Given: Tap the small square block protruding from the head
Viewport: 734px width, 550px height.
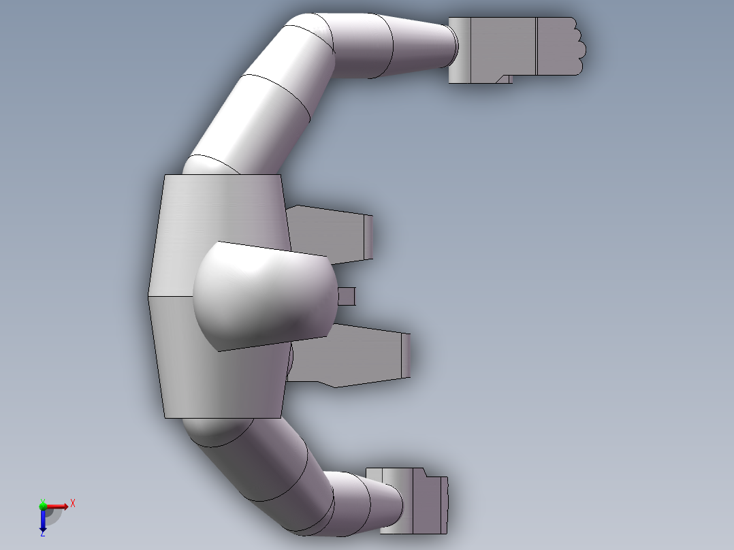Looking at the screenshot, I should pyautogui.click(x=347, y=296).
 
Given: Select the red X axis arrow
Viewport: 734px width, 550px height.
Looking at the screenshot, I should pyautogui.click(x=57, y=506).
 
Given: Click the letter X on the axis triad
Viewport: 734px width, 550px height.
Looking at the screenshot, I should pyautogui.click(x=73, y=504).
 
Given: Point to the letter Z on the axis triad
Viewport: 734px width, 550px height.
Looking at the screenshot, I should pyautogui.click(x=42, y=534).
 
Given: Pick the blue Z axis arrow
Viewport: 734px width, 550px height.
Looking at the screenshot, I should pyautogui.click(x=43, y=520).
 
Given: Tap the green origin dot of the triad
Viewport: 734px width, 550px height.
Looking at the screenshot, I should pyautogui.click(x=43, y=505).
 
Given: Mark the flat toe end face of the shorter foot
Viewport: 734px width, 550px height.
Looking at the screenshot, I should pyautogui.click(x=369, y=236).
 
